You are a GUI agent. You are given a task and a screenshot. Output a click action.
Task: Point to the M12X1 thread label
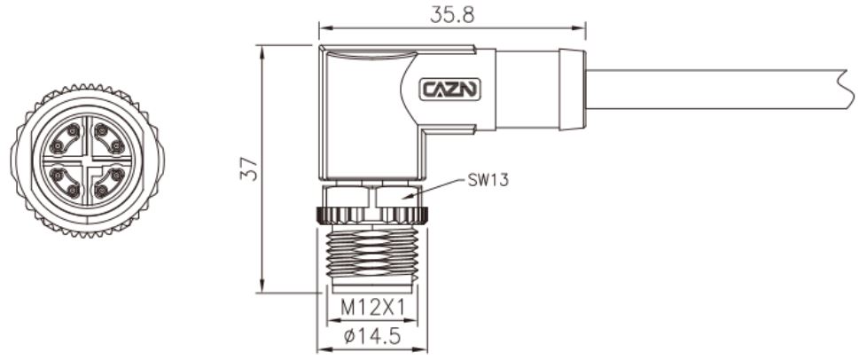pyautogui.click(x=373, y=308)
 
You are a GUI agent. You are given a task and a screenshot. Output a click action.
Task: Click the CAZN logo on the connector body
pyautogui.click(x=450, y=89)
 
